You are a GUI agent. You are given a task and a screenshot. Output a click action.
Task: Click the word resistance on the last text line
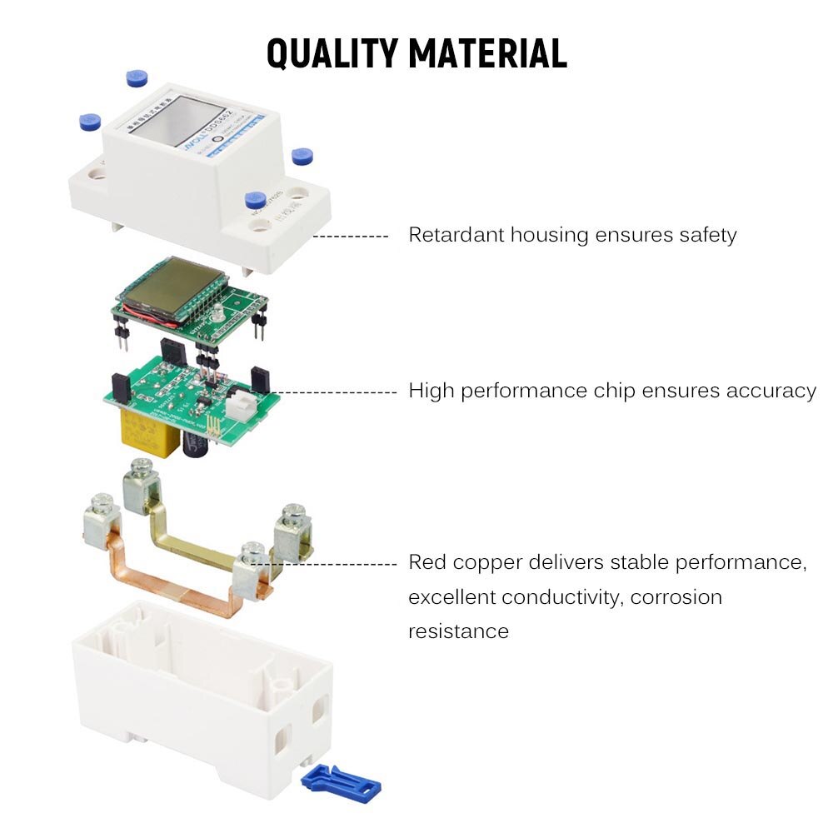click(x=458, y=631)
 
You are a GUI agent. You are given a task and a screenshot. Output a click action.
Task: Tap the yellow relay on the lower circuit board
click(x=150, y=431)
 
